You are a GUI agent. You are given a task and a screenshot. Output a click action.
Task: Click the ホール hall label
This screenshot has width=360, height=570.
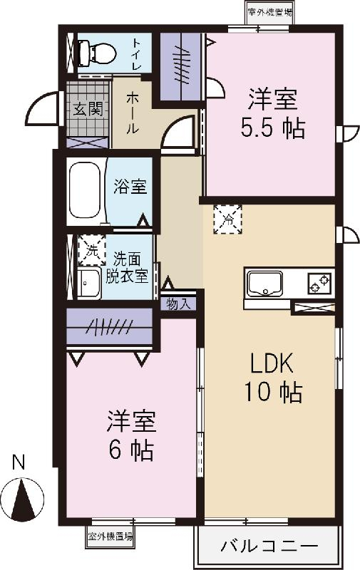(x=133, y=114)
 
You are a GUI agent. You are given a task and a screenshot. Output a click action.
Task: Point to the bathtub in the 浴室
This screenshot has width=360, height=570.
(x=86, y=190)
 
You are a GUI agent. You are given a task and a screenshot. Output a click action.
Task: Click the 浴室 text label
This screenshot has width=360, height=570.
(x=130, y=187)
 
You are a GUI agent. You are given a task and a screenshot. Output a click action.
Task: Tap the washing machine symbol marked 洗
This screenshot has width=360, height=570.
(x=91, y=250)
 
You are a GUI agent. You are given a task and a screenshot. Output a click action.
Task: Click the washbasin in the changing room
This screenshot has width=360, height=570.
(x=90, y=284)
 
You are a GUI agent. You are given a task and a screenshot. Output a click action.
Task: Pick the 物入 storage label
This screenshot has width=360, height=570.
(x=178, y=304)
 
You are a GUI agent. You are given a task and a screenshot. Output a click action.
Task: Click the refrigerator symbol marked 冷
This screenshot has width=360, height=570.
(x=228, y=219)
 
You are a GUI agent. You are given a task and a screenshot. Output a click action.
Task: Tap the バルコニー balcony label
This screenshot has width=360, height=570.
(x=269, y=547)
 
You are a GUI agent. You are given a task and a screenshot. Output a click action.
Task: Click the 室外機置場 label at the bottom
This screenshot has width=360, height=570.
(x=110, y=537)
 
